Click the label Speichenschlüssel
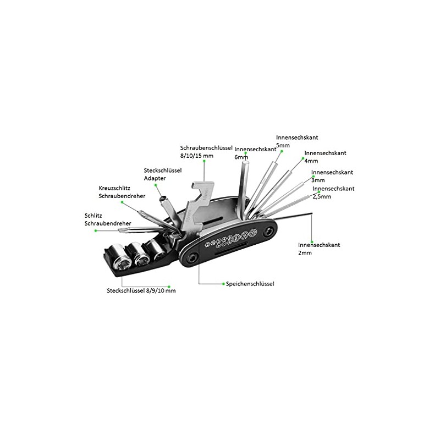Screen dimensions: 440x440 (250, 284)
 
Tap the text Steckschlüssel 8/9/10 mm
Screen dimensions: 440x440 (141, 290)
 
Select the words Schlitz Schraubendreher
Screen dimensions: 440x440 (108, 219)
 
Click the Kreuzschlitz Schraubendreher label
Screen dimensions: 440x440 (122, 192)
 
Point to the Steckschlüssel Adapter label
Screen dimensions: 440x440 (163, 174)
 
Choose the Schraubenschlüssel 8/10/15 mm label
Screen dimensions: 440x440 (206, 152)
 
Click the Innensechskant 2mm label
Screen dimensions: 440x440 (319, 249)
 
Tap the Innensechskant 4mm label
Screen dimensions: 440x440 (325, 157)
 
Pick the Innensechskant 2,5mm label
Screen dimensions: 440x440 (333, 193)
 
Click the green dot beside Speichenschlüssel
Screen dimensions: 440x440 (224, 284)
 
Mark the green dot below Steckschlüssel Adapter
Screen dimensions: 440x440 (156, 185)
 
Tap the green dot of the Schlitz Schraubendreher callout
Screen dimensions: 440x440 (96, 230)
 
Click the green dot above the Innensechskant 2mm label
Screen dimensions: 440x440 (312, 241)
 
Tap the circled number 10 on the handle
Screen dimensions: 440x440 (253, 232)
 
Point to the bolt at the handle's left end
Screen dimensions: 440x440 (191, 258)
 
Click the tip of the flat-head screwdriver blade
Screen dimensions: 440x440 (120, 230)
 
